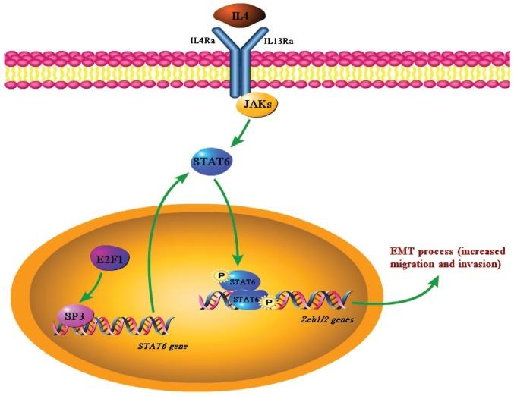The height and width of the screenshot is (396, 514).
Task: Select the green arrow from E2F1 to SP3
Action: (90, 288)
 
